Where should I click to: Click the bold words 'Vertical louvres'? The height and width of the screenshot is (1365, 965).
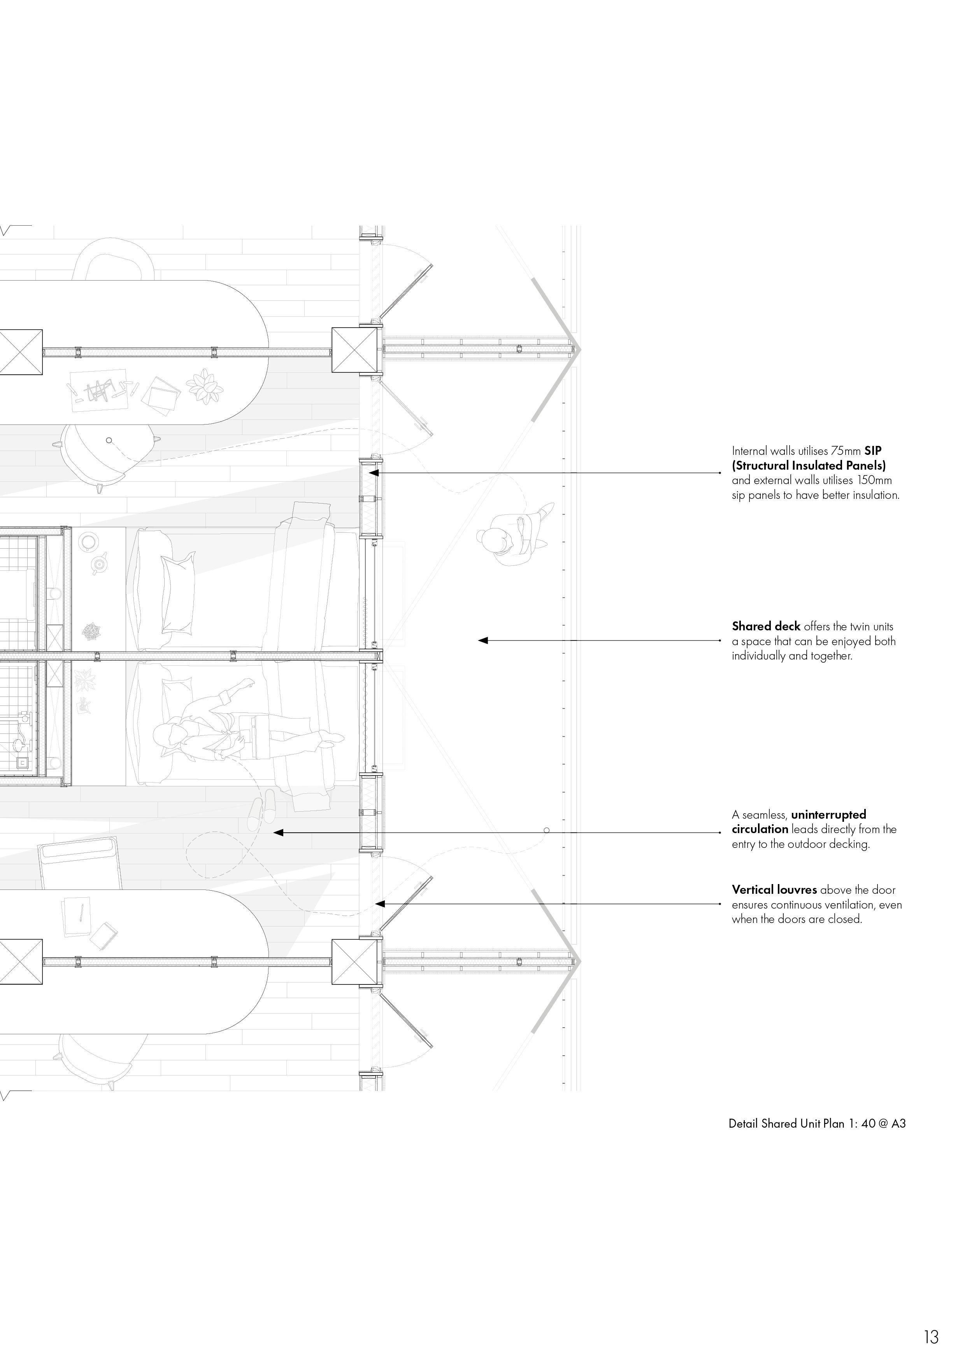click(x=774, y=890)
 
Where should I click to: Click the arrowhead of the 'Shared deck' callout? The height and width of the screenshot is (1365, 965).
click(x=483, y=640)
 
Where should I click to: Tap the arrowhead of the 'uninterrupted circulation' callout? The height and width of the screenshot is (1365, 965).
click(x=278, y=833)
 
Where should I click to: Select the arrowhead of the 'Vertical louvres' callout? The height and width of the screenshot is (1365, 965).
click(x=380, y=904)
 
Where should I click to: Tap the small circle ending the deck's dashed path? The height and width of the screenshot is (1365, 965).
click(x=546, y=830)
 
